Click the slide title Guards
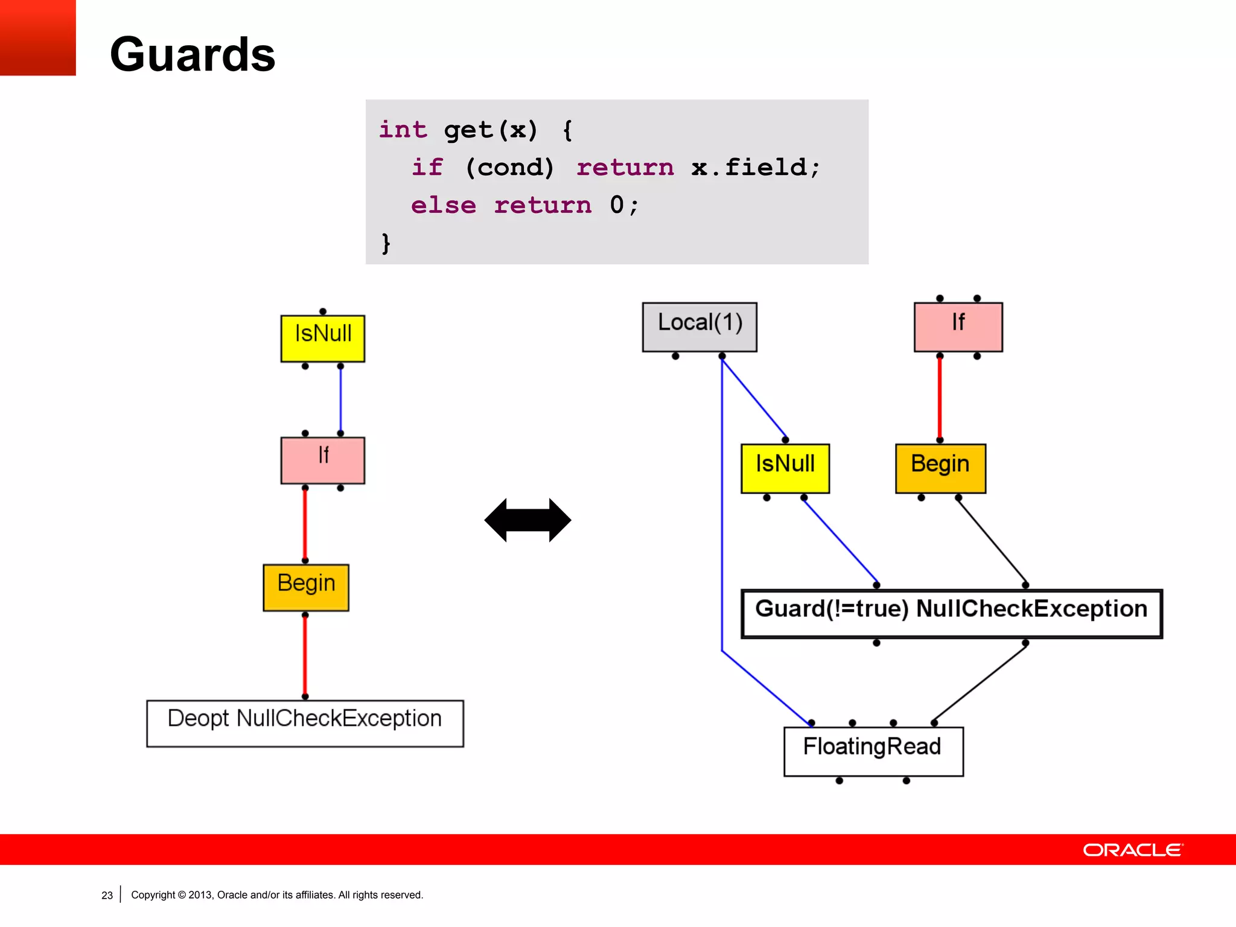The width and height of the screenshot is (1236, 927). point(193,54)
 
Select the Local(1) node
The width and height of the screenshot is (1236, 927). point(699,327)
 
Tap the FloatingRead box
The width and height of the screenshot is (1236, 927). point(873,751)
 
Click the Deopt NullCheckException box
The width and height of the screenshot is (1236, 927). point(305,723)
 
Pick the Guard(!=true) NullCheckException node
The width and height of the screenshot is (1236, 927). point(951,613)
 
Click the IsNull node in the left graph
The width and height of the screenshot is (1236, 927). point(323,338)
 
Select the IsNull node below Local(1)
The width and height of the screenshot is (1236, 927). point(785,468)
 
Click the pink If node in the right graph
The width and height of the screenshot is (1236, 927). point(958,327)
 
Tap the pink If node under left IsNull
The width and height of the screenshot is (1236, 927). point(323,460)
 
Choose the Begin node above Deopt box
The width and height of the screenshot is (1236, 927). point(306,587)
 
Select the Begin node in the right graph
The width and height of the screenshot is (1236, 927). point(940,468)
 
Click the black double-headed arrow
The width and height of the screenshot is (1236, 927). point(527,520)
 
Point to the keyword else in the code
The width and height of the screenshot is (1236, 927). point(444,205)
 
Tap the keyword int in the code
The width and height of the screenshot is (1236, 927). point(403,129)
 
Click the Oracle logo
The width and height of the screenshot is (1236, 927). point(1133,849)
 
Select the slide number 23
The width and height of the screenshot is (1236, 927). point(107,895)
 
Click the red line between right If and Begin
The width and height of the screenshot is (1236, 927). point(940,398)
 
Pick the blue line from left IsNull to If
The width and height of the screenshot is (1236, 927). point(340,400)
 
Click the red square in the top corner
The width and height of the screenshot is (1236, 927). point(37,37)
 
